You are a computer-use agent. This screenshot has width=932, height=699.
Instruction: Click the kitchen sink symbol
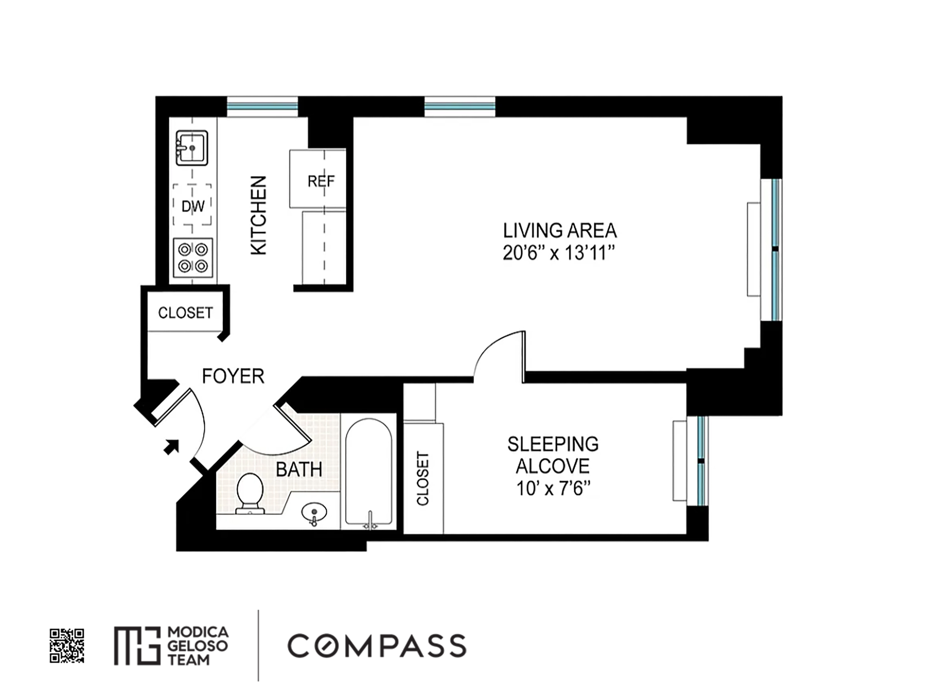(x=192, y=148)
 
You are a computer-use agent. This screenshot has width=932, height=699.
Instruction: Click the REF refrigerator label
(x=321, y=181)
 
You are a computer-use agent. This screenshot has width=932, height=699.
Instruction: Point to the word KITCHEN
(x=259, y=216)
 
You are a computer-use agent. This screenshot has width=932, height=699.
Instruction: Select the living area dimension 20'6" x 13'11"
(x=559, y=253)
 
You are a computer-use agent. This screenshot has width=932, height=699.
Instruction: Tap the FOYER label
(x=233, y=376)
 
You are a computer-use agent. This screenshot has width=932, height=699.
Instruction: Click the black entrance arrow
(x=171, y=447)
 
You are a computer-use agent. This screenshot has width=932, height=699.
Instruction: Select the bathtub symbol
(x=369, y=472)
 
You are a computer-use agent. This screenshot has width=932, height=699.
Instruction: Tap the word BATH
(x=299, y=469)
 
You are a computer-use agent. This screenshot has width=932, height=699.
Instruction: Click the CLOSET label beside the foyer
(x=185, y=313)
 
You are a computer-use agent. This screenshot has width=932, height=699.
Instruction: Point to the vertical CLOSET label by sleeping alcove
(x=423, y=479)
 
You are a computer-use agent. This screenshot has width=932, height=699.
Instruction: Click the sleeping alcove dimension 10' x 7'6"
(x=553, y=489)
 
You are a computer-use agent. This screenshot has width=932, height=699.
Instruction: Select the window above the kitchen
(x=263, y=106)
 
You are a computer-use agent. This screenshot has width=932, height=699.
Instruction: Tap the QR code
(x=67, y=646)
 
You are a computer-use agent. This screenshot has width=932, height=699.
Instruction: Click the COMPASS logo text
(x=377, y=646)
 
